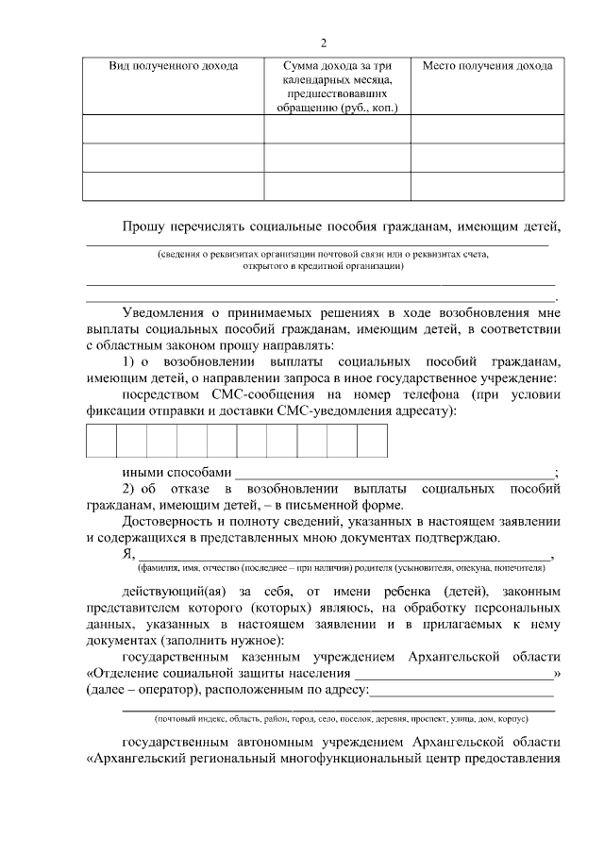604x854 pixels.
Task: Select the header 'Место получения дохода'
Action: [x=487, y=66]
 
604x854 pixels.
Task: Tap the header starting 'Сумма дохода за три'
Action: [x=337, y=66]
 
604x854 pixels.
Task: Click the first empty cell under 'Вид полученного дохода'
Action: [x=173, y=128]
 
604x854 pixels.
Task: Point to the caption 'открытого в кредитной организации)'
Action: [x=323, y=266]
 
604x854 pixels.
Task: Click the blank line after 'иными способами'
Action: [x=394, y=471]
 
